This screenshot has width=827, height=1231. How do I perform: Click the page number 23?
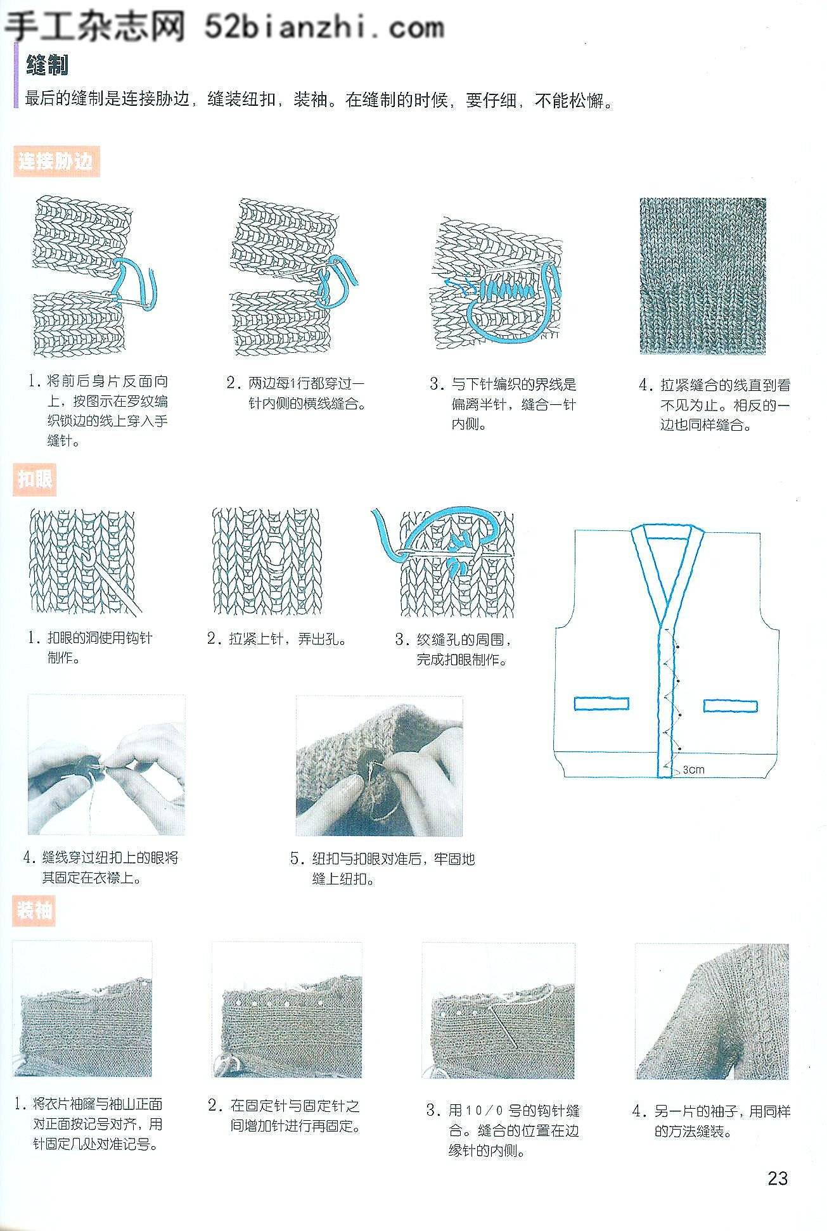pos(778,1178)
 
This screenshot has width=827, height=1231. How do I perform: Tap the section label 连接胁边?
pos(56,162)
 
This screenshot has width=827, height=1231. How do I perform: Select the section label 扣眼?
pos(35,480)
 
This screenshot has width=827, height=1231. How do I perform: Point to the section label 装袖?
pos(35,911)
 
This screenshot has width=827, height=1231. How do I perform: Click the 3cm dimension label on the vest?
pos(693,770)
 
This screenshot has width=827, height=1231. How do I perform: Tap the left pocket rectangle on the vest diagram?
pos(601,703)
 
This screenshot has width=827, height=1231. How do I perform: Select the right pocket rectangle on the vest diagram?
pos(730,705)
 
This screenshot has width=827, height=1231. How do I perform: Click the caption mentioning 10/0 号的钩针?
pos(503,1131)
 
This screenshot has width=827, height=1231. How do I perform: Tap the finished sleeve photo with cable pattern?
pos(712,1011)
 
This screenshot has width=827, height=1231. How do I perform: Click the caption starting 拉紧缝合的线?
pos(715,405)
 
